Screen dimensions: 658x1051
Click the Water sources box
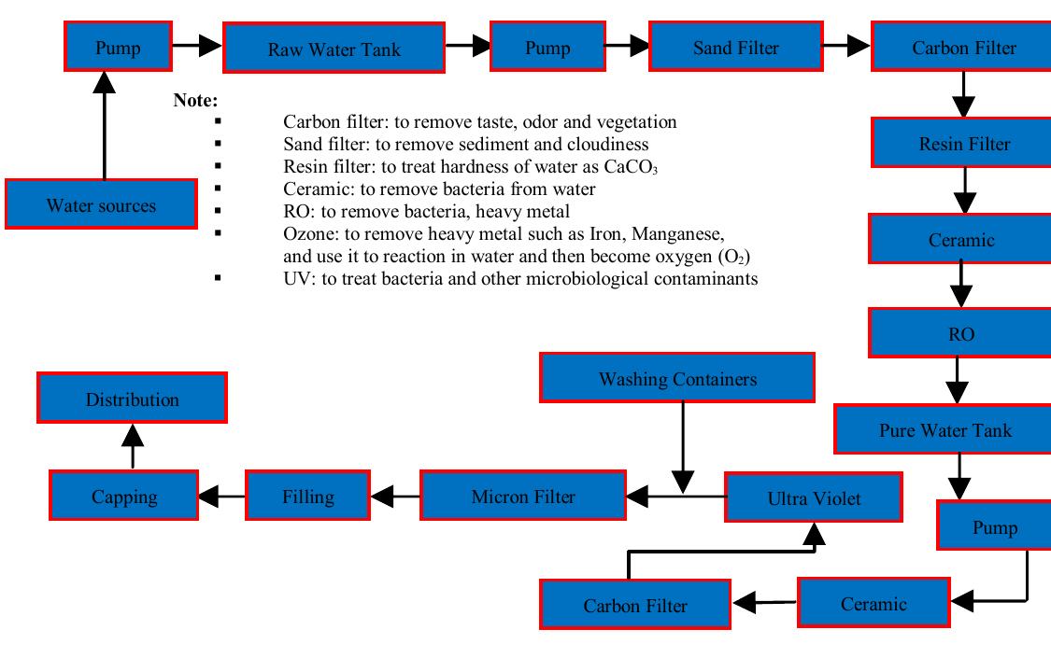[x=101, y=204]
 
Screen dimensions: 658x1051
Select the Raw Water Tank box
[x=334, y=49]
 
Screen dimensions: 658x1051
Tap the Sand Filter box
[x=735, y=47]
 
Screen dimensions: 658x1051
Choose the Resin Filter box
[x=964, y=144]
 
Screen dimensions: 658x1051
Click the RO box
[x=960, y=334]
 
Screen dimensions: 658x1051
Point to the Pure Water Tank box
[x=944, y=429]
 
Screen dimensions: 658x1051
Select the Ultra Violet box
[x=814, y=497]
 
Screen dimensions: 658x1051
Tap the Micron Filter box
[x=523, y=496]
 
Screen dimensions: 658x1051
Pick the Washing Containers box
[x=677, y=379]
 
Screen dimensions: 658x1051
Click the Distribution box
[x=132, y=399]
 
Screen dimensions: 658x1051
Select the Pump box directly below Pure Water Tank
[x=994, y=527]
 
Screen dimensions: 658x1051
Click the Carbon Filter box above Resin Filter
[x=964, y=48]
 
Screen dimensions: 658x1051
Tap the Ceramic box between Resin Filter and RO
[x=960, y=240]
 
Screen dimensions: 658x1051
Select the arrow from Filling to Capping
[x=221, y=496]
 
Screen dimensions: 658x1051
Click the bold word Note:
[x=195, y=100]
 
